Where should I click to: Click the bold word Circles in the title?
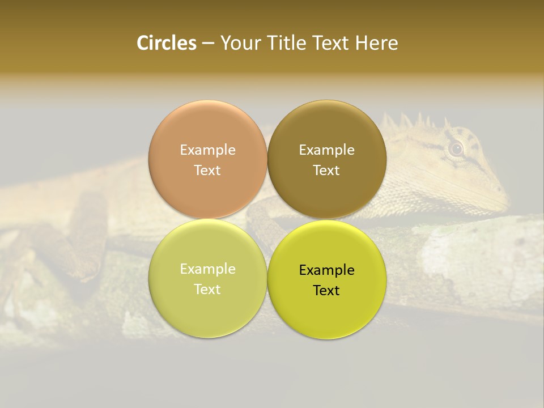click(167, 43)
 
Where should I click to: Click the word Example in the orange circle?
click(207, 150)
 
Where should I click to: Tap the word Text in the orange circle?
click(207, 170)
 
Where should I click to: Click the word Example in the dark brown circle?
click(326, 150)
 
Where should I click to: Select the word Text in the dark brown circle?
click(326, 170)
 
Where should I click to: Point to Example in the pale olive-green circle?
click(207, 269)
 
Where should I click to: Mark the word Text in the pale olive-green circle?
click(207, 289)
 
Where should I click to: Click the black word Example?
click(326, 270)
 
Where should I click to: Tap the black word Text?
click(326, 290)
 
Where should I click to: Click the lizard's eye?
click(456, 149)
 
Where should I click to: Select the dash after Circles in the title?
click(208, 44)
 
